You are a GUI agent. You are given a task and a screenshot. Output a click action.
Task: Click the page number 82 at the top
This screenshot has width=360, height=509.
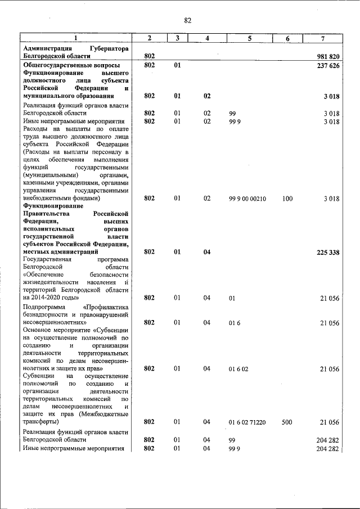click(x=188, y=21)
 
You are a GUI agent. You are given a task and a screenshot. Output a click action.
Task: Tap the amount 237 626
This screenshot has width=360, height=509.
click(x=328, y=66)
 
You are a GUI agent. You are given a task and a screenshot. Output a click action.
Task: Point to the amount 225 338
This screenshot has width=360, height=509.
click(x=328, y=253)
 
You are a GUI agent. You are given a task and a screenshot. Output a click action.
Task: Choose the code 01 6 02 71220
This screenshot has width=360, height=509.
click(x=247, y=422)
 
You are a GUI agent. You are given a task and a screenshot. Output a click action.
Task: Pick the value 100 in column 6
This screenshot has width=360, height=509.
click(x=287, y=199)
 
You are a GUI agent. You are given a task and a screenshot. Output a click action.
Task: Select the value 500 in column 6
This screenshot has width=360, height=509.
click(x=287, y=422)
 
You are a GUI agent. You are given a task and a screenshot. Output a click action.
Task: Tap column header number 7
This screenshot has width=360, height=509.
click(x=322, y=38)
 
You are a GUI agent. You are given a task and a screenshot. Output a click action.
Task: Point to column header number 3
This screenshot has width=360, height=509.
click(x=177, y=38)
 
